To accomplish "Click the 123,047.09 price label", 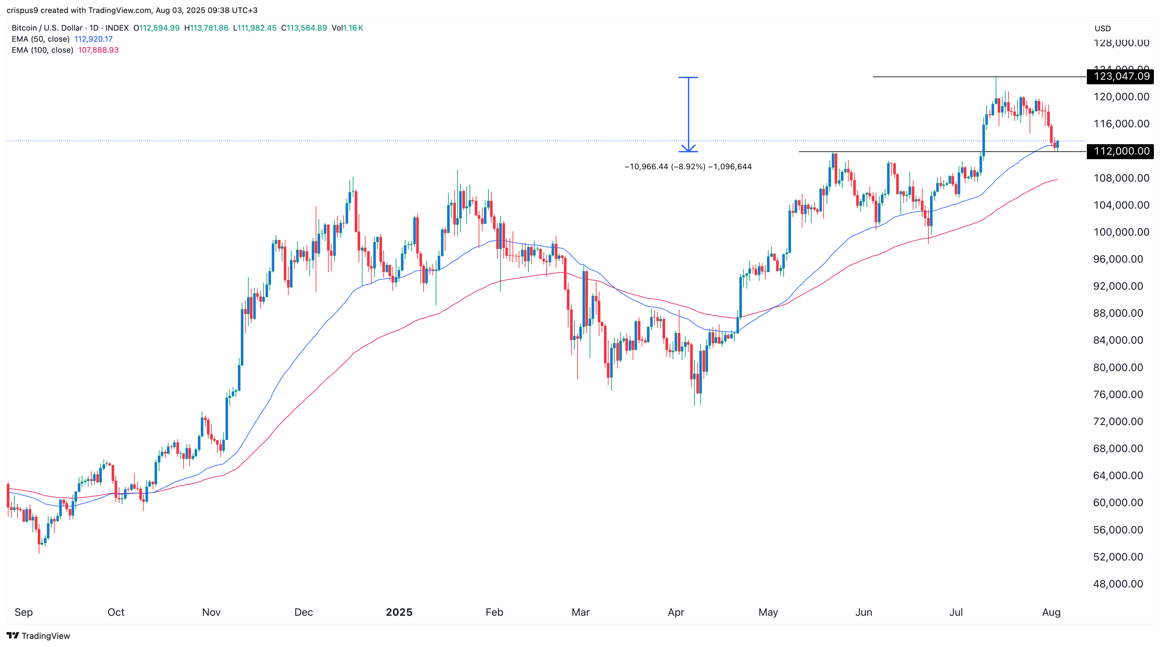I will (x=1121, y=76).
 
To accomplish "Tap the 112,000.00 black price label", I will (x=1121, y=151).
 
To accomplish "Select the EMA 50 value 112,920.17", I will (x=93, y=39).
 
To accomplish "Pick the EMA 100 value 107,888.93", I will (x=98, y=50).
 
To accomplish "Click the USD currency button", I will (x=1102, y=28).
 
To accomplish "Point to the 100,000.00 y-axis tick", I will (x=1121, y=232).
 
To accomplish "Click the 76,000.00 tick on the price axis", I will (x=1121, y=394).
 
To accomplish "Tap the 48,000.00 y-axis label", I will (x=1121, y=584).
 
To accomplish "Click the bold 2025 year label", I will (x=399, y=612).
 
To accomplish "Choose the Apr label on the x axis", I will (x=676, y=612).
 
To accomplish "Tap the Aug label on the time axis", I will (x=1051, y=612).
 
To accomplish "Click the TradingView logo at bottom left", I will (x=38, y=636).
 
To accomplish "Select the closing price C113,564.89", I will (x=304, y=28).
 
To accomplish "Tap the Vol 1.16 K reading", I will (x=347, y=28).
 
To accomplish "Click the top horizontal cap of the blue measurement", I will (x=688, y=77).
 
